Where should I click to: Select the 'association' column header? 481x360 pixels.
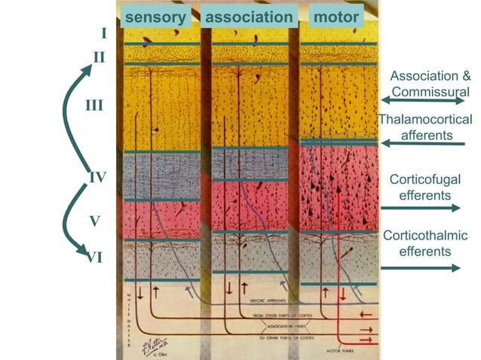249,17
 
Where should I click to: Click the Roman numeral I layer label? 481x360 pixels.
103,33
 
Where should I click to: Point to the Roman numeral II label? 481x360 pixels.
99,56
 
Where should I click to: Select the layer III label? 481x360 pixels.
93,105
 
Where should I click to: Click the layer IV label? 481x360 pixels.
97,178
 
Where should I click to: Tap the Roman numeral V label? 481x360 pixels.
94,221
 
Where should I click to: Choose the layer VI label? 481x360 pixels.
93,257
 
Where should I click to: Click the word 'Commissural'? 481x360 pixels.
430,91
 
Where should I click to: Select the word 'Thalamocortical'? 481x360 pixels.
425,120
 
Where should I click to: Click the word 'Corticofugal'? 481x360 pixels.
425,179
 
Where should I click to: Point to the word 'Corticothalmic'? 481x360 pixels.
426,236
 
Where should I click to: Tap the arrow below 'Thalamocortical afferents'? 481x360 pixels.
422,143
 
